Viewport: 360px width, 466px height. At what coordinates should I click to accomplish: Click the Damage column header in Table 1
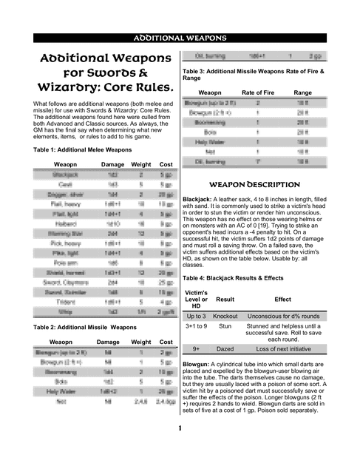tap(112, 163)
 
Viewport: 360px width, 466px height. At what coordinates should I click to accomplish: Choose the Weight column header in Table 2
tap(140, 342)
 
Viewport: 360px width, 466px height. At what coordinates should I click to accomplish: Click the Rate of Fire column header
tap(258, 93)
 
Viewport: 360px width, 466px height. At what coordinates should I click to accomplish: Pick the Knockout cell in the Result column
tap(225, 317)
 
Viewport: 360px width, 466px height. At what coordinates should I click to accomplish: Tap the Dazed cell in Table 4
tap(225, 348)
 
